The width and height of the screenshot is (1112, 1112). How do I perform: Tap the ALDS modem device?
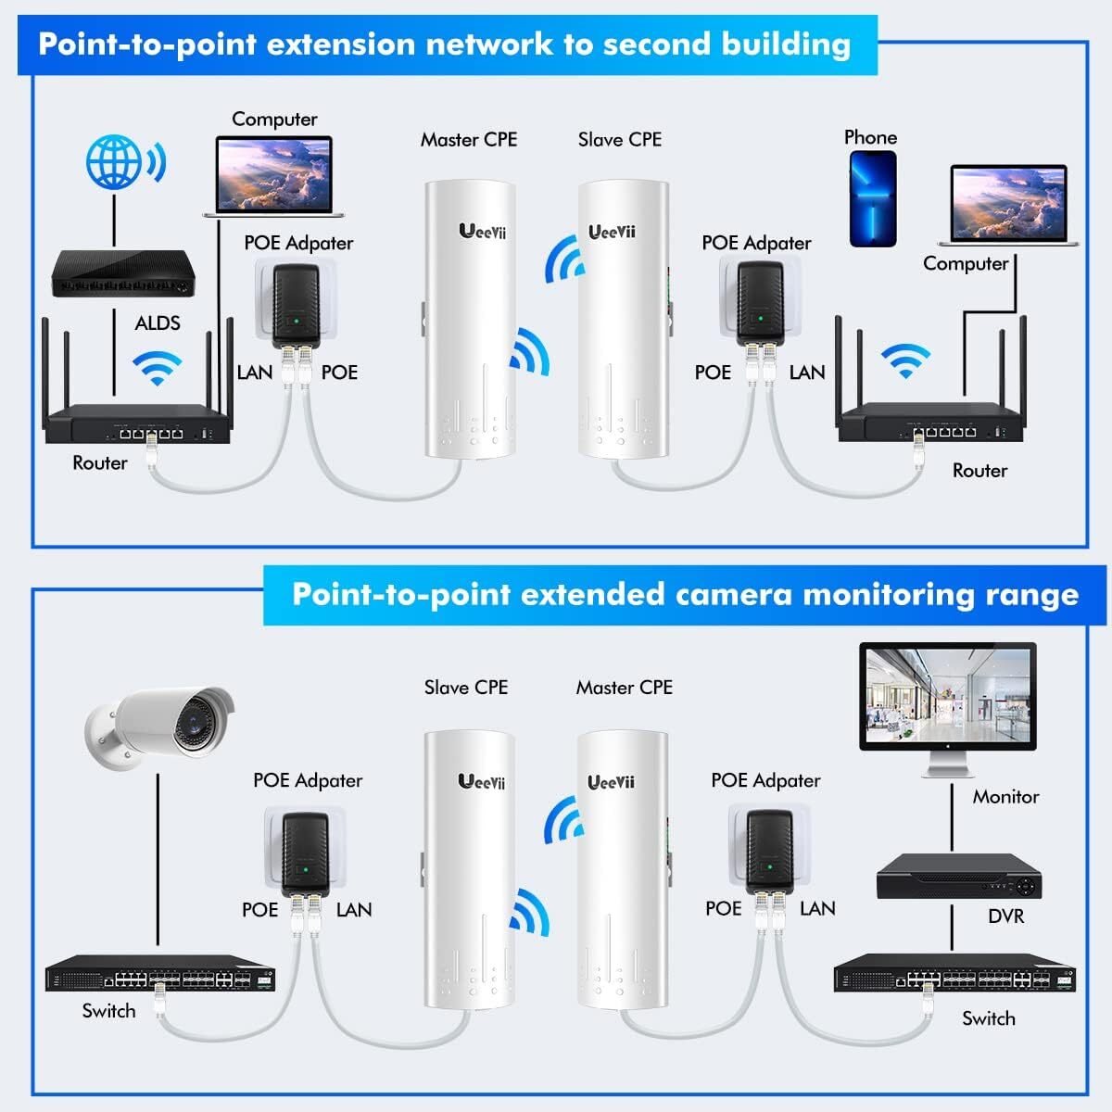122,274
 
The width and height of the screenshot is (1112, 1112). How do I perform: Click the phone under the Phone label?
873,199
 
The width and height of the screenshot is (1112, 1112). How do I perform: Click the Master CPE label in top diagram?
468,140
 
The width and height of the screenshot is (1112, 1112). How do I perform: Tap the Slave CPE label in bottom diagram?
465,688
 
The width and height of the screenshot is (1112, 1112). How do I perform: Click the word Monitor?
1005,797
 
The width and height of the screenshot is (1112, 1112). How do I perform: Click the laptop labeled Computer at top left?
274,176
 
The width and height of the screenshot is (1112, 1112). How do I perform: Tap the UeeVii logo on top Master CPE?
482,231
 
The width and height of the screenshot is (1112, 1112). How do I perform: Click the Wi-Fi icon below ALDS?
157,368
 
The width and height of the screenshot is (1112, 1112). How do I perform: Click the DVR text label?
1005,916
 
